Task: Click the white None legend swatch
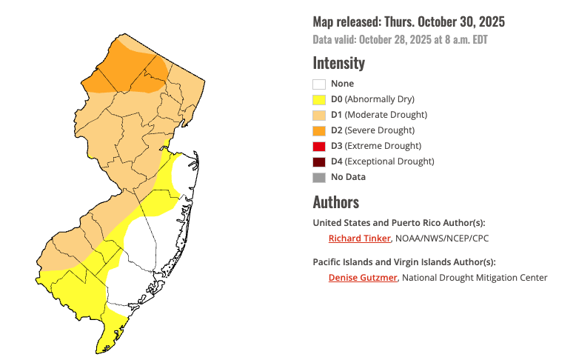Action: [x=319, y=84]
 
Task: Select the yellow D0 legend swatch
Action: [x=319, y=99]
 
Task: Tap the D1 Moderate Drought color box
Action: [x=319, y=115]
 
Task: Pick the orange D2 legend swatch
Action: [x=319, y=130]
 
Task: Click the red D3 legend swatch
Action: [x=319, y=146]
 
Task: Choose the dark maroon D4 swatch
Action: [x=319, y=161]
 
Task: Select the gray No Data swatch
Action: [x=319, y=177]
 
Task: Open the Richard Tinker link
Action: [x=359, y=239]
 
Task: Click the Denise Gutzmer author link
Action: [x=362, y=278]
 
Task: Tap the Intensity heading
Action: [x=338, y=63]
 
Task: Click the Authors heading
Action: [x=335, y=202]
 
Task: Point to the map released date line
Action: [x=409, y=22]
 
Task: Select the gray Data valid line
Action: [x=400, y=40]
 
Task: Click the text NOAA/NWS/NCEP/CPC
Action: [x=442, y=239]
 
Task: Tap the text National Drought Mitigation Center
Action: [x=475, y=278]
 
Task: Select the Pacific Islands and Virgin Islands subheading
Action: [x=404, y=262]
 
